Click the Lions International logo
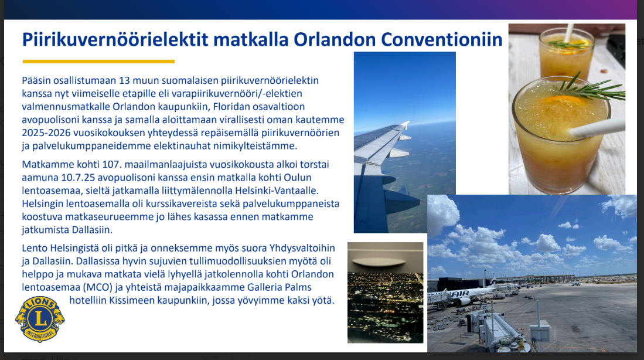tap(40, 319)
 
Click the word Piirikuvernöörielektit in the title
tap(115, 39)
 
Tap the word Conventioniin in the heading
tap(442, 39)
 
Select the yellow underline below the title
tap(98, 62)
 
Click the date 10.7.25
tap(78, 178)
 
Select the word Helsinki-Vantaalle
tap(277, 191)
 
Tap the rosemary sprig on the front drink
tap(591, 89)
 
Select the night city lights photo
tap(385, 293)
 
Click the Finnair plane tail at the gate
tap(492, 283)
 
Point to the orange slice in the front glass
tap(563, 100)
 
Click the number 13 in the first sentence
tap(124, 80)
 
